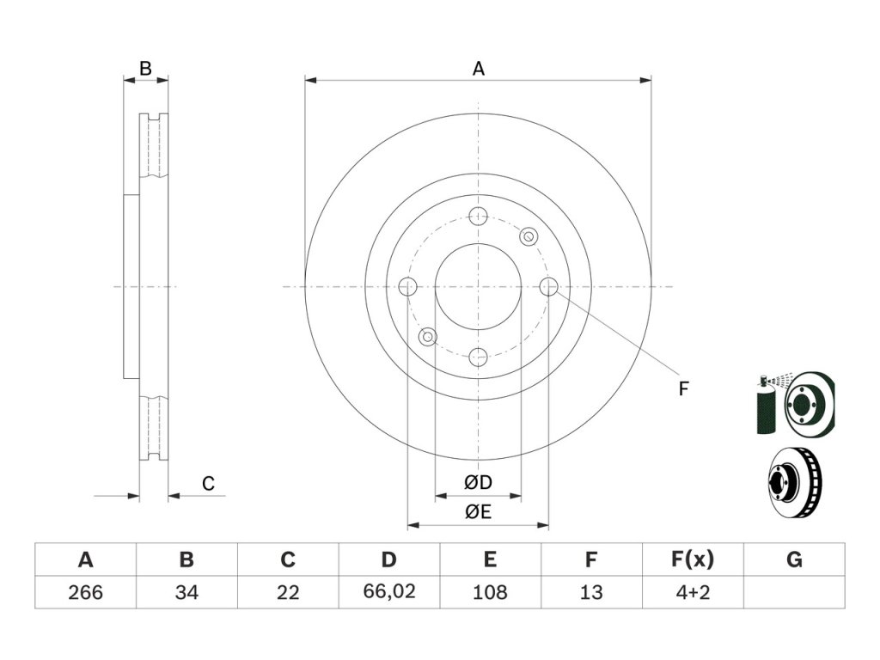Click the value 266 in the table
[x=85, y=592]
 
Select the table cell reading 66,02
[x=388, y=592]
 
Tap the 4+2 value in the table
[x=692, y=592]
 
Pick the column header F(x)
[x=692, y=561]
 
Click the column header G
[x=794, y=561]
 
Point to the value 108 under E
[x=490, y=592]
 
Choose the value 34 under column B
[x=186, y=592]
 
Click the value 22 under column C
[x=288, y=592]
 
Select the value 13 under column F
[x=591, y=592]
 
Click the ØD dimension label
[x=478, y=483]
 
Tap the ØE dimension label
[x=478, y=513]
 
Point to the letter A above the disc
[x=479, y=69]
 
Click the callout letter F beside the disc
[x=683, y=389]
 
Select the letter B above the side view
[x=146, y=69]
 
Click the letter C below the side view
[x=208, y=484]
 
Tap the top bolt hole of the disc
[x=479, y=216]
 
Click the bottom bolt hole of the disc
[x=479, y=357]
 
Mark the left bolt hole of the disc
[x=408, y=286]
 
